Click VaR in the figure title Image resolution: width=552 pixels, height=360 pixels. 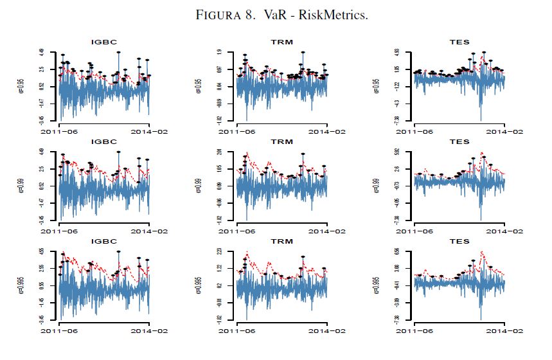[283, 15]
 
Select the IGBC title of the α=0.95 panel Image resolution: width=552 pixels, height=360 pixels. [104, 42]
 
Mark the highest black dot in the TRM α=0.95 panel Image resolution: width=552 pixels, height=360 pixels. [303, 53]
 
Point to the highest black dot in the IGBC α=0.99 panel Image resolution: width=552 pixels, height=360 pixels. [119, 152]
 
